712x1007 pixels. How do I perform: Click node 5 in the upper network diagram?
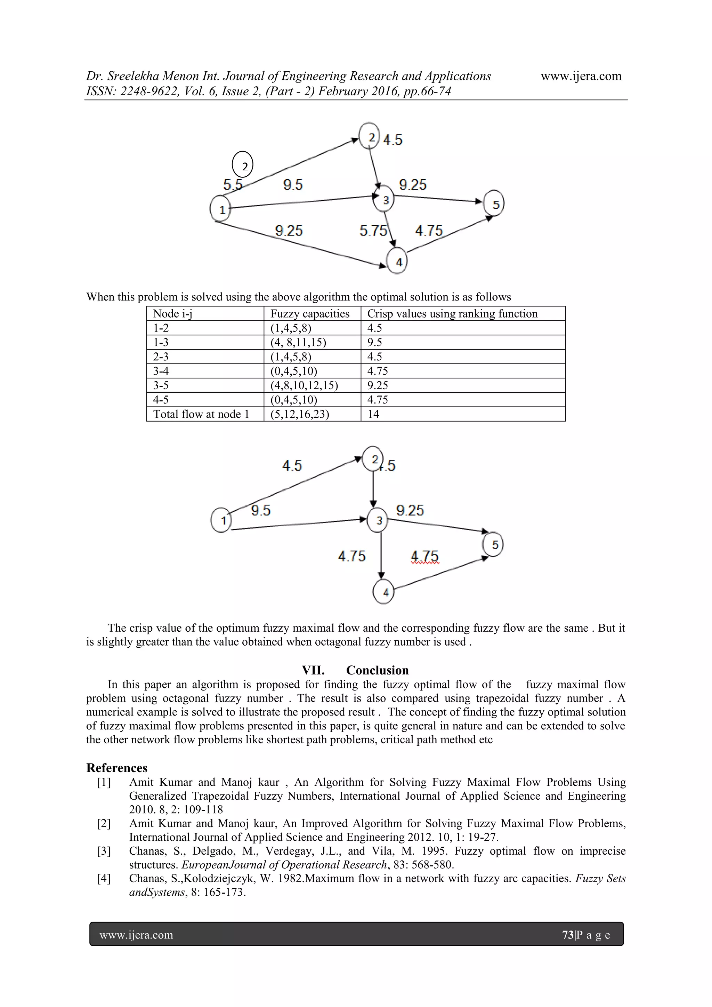coord(494,203)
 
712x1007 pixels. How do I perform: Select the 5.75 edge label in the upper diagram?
coord(373,231)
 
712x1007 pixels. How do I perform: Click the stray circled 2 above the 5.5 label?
coord(242,165)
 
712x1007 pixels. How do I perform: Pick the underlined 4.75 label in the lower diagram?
coord(424,556)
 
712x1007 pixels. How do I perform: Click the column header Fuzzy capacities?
coord(309,314)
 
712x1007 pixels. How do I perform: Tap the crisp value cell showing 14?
coord(373,414)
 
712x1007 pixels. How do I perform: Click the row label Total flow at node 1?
coord(201,414)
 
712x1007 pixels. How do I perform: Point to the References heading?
coord(116,768)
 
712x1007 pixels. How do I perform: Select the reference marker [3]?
coord(104,851)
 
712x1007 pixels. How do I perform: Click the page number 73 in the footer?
coord(568,935)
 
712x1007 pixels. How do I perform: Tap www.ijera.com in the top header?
coord(581,76)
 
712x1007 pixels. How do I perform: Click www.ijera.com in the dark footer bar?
coord(136,935)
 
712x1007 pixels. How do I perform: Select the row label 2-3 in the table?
coord(161,357)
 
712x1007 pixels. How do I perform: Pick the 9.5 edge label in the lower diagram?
coord(261,510)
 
